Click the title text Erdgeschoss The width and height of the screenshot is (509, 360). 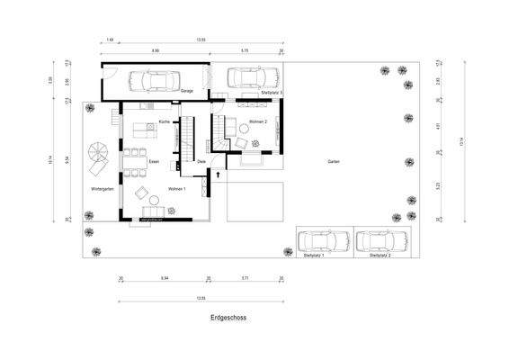coord(228,318)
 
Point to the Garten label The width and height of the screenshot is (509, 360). coord(334,161)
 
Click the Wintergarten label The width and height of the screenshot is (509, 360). coord(103,189)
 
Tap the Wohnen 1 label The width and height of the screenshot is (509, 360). coord(176,189)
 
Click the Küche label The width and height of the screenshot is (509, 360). coord(164,121)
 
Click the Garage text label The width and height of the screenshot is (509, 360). coord(186,92)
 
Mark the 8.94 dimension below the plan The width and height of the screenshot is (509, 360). coord(164,280)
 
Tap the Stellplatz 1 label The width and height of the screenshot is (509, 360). coord(313,256)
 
